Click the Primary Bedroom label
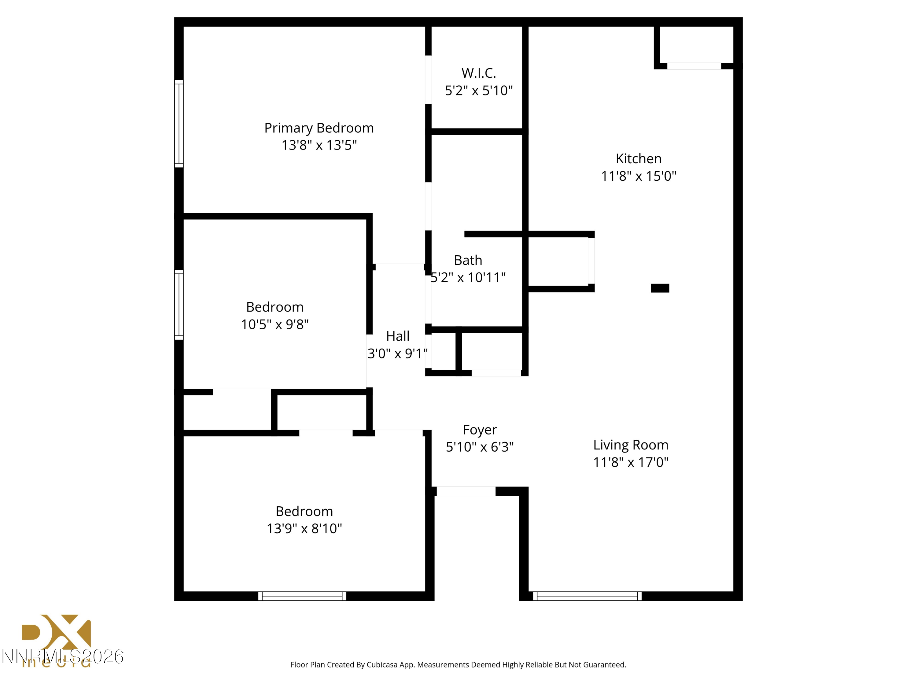[x=319, y=128]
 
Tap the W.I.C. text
[x=478, y=73]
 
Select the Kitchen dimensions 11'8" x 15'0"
[x=639, y=176]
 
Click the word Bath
[x=468, y=260]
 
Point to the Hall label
[x=398, y=336]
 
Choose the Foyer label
[x=480, y=430]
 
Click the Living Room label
[x=631, y=445]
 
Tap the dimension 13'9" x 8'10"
[x=304, y=528]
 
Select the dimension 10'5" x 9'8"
[x=274, y=324]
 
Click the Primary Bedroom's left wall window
[x=179, y=124]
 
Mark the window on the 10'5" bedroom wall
[x=179, y=305]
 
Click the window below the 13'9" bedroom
[x=302, y=596]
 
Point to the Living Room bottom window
[x=587, y=596]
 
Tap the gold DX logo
[x=56, y=632]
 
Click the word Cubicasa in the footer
[x=382, y=665]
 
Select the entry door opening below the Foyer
[x=466, y=491]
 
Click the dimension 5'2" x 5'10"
[x=478, y=91]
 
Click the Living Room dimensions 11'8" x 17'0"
[x=631, y=462]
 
